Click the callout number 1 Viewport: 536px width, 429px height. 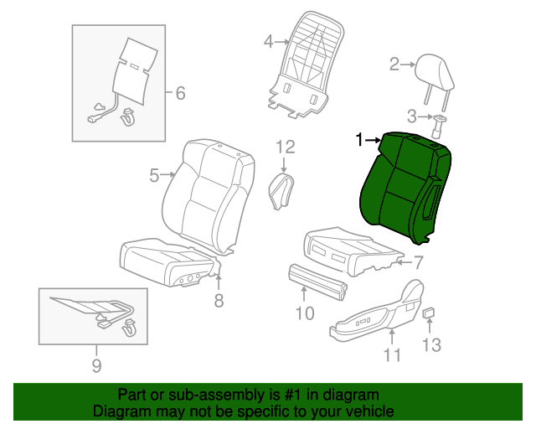[360, 140]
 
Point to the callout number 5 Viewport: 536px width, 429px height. [154, 175]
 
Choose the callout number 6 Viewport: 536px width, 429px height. [179, 93]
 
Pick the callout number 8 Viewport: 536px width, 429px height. [219, 301]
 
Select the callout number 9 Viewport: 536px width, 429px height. [95, 365]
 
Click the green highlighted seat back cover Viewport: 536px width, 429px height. [402, 189]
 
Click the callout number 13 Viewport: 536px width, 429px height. [430, 344]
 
